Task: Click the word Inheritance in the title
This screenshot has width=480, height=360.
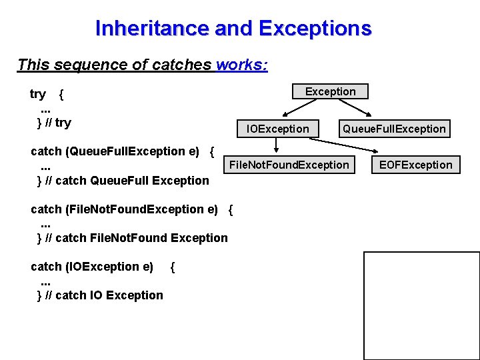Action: click(x=151, y=29)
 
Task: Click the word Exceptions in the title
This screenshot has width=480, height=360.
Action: click(x=315, y=29)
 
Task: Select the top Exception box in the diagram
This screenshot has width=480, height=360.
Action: click(x=330, y=91)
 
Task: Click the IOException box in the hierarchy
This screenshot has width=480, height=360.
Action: click(x=278, y=129)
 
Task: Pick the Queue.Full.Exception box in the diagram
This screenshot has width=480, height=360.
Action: click(x=394, y=129)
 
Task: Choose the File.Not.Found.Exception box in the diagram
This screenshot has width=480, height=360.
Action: click(x=289, y=165)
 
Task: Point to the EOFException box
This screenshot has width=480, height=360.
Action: click(x=415, y=165)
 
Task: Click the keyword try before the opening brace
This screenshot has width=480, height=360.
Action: click(x=38, y=94)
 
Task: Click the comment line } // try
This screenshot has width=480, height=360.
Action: click(x=54, y=123)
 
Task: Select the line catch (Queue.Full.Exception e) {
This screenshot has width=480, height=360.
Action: click(x=122, y=151)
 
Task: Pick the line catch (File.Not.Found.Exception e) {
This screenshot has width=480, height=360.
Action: click(x=131, y=209)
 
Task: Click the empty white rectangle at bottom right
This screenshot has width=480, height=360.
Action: click(x=421, y=305)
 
